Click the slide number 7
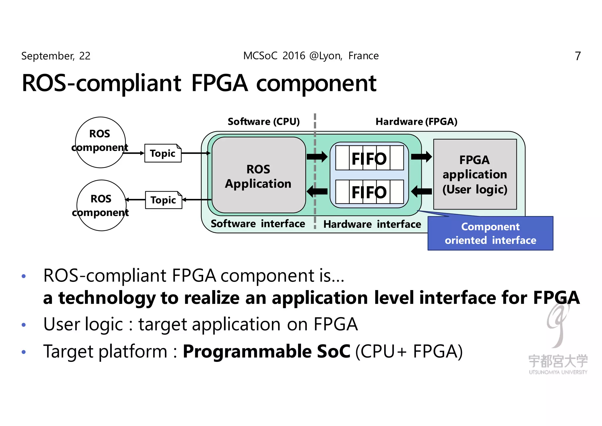click(x=578, y=56)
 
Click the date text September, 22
click(x=56, y=56)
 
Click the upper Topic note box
click(x=163, y=153)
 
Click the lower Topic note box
click(x=163, y=200)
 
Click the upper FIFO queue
click(x=369, y=158)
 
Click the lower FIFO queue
click(x=369, y=192)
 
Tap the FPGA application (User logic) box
click(x=475, y=174)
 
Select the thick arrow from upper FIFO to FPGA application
click(x=421, y=157)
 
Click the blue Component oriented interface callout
click(x=490, y=234)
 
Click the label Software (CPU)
click(x=264, y=122)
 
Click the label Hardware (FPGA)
click(x=416, y=122)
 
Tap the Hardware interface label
click(x=372, y=224)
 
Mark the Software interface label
click(x=258, y=224)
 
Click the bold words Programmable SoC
click(x=266, y=351)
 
